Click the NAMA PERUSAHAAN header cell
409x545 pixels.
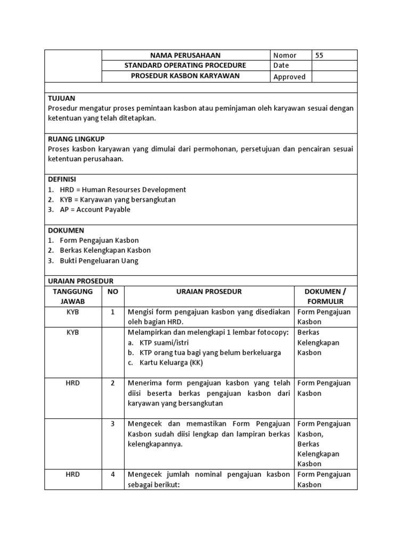(185, 55)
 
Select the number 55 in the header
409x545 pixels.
(319, 55)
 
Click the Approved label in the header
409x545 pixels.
(289, 77)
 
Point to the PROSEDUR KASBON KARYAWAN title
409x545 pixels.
(185, 76)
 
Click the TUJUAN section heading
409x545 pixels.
(62, 98)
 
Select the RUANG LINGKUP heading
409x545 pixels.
(76, 139)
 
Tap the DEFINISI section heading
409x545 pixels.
(62, 179)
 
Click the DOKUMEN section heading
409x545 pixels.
(66, 230)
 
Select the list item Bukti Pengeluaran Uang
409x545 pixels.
(99, 261)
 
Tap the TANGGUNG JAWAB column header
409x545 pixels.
(72, 296)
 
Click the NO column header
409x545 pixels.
(113, 292)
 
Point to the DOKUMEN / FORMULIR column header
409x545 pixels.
(325, 296)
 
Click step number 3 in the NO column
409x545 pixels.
(113, 424)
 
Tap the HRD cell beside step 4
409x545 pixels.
(72, 474)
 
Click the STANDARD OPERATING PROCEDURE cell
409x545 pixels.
(185, 65)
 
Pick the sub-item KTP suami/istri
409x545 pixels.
(165, 342)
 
